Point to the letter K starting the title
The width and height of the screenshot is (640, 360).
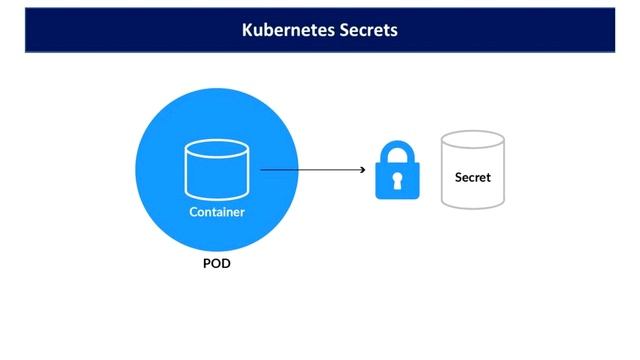(x=247, y=30)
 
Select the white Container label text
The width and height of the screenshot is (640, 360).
(x=217, y=212)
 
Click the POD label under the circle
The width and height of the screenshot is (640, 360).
(x=217, y=265)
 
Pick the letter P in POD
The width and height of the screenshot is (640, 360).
(x=206, y=265)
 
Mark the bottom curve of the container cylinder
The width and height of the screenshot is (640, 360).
(x=217, y=196)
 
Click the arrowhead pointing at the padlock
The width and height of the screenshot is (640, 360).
(x=362, y=170)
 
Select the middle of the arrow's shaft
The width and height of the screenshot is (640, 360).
(x=312, y=170)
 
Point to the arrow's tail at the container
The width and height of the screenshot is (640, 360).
(x=263, y=170)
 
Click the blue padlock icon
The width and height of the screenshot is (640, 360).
(x=397, y=171)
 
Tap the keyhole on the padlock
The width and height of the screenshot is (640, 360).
(x=397, y=181)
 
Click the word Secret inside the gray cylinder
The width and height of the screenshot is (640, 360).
(x=473, y=178)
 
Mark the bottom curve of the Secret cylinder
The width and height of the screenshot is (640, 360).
(x=473, y=204)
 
